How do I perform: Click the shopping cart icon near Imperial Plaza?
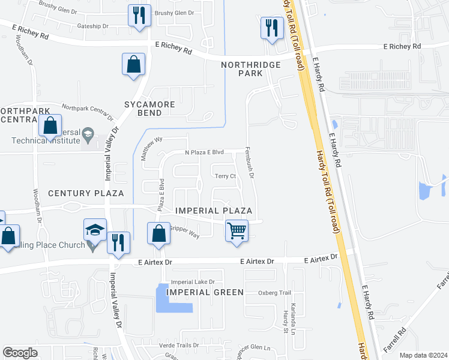point(237,230)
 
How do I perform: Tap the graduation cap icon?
point(95,230)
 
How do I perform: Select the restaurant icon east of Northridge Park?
point(272,27)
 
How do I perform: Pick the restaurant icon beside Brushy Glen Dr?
point(139,15)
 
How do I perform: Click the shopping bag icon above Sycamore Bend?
point(133,64)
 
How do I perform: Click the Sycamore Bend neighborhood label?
point(150,109)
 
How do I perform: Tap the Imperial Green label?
point(206,292)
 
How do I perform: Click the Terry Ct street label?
point(226,176)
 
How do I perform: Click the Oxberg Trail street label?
point(274,293)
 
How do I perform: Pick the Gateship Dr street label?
point(92,26)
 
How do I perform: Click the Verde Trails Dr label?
point(179,346)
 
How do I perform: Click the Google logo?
point(20,353)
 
